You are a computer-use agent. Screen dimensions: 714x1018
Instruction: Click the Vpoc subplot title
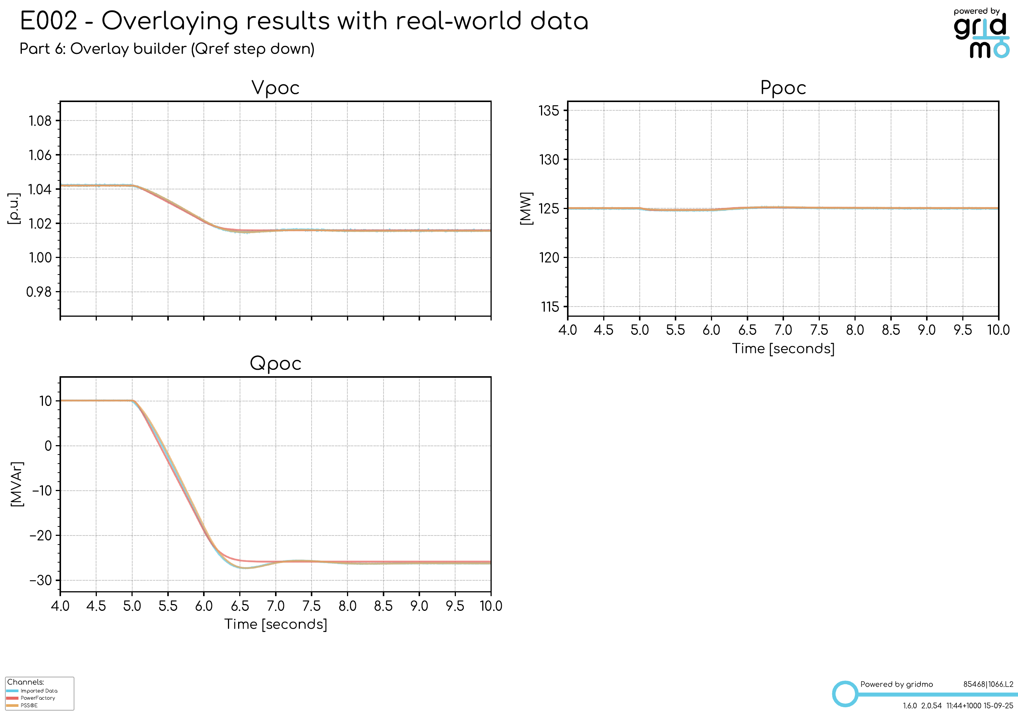pyautogui.click(x=275, y=88)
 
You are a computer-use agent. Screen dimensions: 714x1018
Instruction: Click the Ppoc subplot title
pyautogui.click(x=783, y=88)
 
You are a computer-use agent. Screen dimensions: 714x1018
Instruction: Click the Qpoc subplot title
pyautogui.click(x=275, y=363)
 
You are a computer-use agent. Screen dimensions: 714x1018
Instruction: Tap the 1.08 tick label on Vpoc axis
pyautogui.click(x=40, y=121)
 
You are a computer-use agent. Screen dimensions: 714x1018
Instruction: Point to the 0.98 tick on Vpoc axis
pyautogui.click(x=39, y=291)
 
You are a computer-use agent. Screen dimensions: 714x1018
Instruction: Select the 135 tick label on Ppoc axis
pyautogui.click(x=549, y=110)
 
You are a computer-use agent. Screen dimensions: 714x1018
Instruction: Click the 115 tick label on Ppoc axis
pyautogui.click(x=550, y=307)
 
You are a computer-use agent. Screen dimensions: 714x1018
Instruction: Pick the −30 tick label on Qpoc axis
pyautogui.click(x=41, y=580)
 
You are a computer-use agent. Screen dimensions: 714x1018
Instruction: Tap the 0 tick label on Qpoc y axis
pyautogui.click(x=48, y=446)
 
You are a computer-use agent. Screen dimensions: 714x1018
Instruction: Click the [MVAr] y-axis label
pyautogui.click(x=17, y=484)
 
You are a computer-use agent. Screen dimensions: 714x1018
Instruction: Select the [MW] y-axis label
pyautogui.click(x=526, y=209)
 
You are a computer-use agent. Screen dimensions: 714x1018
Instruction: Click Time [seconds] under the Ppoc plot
pyautogui.click(x=783, y=349)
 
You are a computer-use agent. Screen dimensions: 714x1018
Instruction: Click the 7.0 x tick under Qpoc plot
pyautogui.click(x=275, y=606)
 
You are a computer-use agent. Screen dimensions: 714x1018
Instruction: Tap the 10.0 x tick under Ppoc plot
pyautogui.click(x=998, y=330)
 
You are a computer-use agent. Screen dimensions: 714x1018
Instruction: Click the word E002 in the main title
pyautogui.click(x=49, y=21)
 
